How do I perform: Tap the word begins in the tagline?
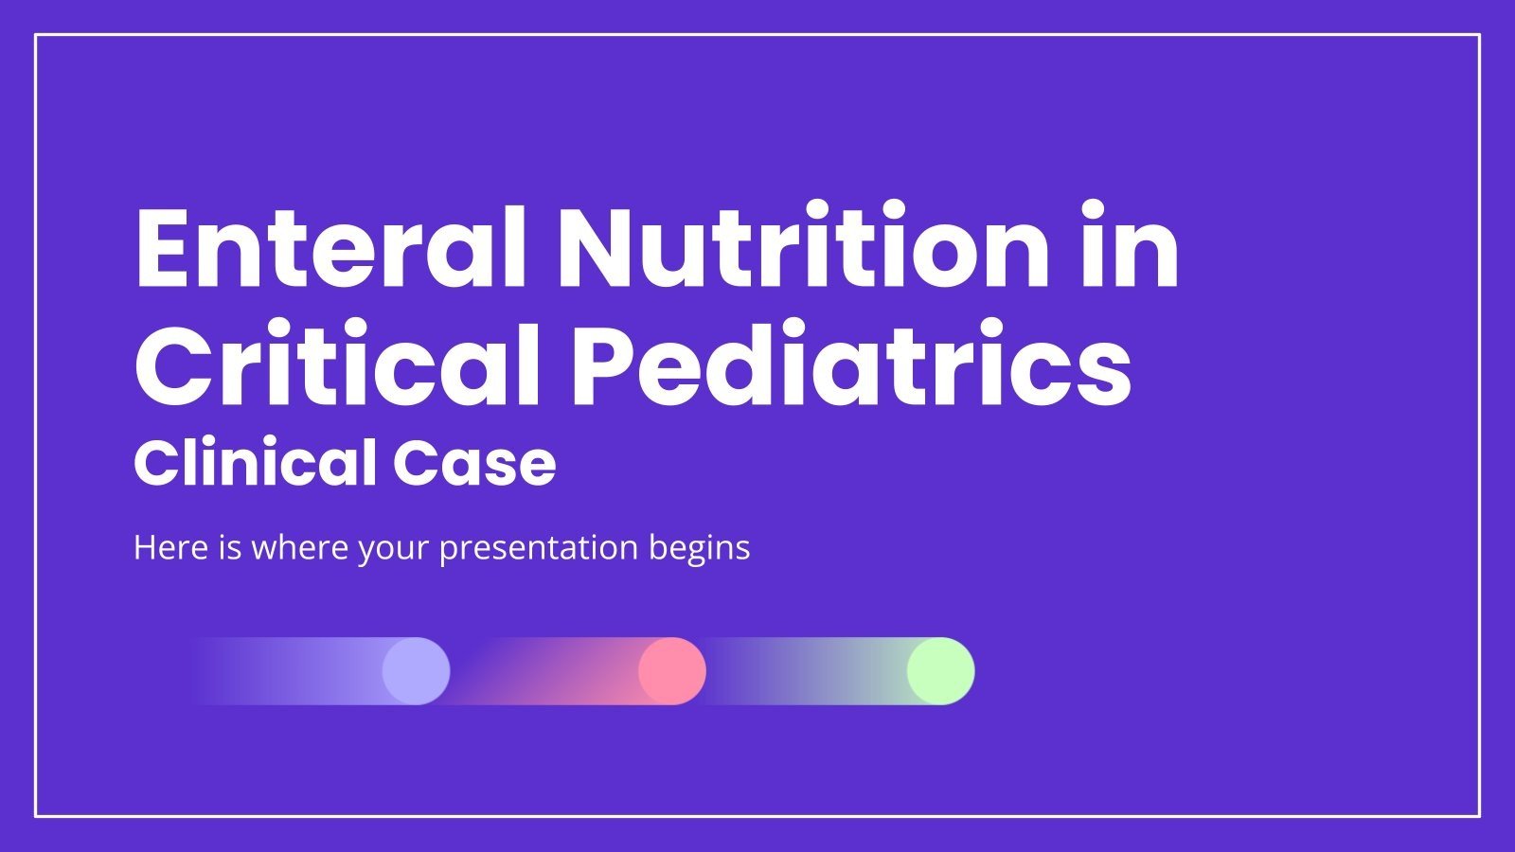click(700, 548)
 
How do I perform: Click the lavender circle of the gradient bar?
click(416, 671)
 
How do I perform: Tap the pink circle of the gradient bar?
click(672, 671)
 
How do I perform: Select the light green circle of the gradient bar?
click(940, 671)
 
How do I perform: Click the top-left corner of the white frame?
click(36, 35)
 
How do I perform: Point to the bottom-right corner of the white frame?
click(1479, 815)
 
